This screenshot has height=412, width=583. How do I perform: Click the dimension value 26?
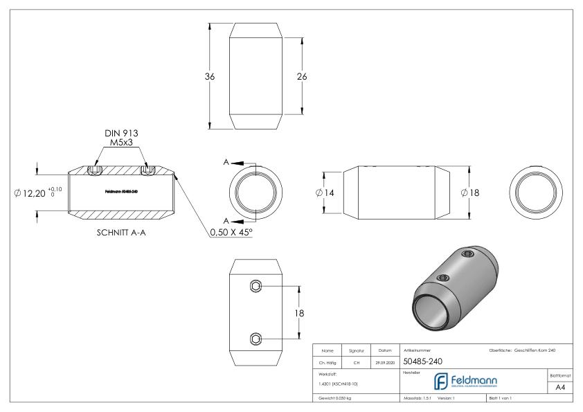[302, 77]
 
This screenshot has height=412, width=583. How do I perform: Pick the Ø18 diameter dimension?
[471, 192]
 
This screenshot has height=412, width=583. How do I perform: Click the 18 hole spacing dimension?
[301, 313]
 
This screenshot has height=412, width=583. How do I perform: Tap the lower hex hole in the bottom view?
[256, 339]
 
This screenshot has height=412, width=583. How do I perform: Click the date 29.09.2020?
[385, 361]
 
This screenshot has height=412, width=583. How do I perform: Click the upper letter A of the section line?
[226, 161]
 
